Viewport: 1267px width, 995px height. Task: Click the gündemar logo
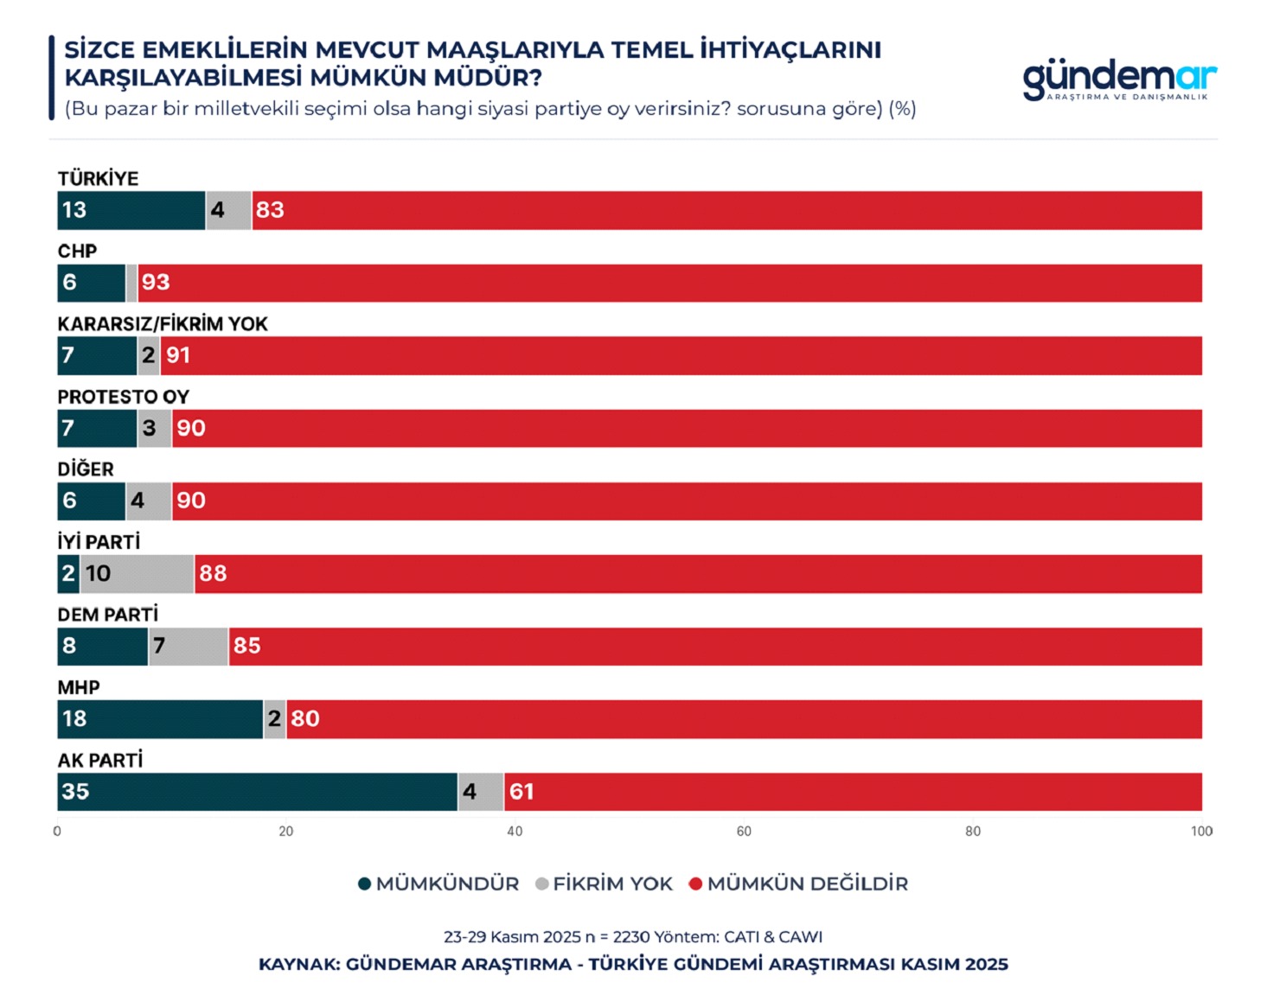(x=1119, y=80)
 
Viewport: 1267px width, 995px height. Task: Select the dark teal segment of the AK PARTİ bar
(x=257, y=792)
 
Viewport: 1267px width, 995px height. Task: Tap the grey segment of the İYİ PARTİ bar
(x=137, y=574)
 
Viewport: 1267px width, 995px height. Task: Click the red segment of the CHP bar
(x=669, y=284)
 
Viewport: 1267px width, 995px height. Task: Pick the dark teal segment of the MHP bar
(x=160, y=719)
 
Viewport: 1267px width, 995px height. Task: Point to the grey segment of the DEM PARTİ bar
(x=189, y=647)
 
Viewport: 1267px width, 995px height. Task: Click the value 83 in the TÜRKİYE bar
(x=270, y=210)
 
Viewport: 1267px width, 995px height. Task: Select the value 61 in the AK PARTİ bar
(x=522, y=792)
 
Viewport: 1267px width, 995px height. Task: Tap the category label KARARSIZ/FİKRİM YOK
(x=163, y=324)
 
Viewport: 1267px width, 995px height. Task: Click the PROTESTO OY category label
(x=124, y=397)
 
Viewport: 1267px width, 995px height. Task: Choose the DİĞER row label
(x=86, y=469)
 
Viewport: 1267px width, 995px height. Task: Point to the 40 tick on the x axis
(x=515, y=832)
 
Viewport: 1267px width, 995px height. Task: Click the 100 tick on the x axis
(x=1201, y=832)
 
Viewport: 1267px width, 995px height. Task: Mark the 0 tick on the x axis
(x=57, y=832)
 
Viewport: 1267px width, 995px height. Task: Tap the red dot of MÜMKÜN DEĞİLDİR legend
(x=695, y=884)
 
